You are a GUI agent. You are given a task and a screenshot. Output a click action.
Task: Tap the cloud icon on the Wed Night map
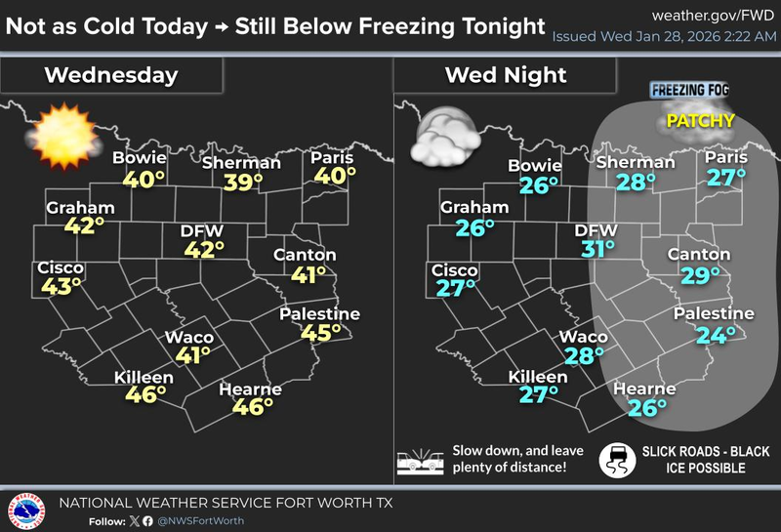[x=444, y=139]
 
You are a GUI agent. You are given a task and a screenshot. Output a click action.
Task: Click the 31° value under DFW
[x=598, y=250]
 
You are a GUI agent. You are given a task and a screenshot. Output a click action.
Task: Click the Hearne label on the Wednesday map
[x=250, y=389]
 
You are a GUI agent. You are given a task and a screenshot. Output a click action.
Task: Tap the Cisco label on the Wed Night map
[x=455, y=270]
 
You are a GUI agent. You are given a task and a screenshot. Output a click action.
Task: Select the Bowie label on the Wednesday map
[x=139, y=158]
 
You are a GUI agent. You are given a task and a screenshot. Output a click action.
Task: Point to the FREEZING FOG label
[x=690, y=91]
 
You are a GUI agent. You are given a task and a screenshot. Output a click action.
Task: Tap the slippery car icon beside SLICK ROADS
[x=618, y=459]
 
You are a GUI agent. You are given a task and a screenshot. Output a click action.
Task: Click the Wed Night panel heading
[x=505, y=74]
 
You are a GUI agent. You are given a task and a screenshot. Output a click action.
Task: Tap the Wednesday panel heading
[x=111, y=74]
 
